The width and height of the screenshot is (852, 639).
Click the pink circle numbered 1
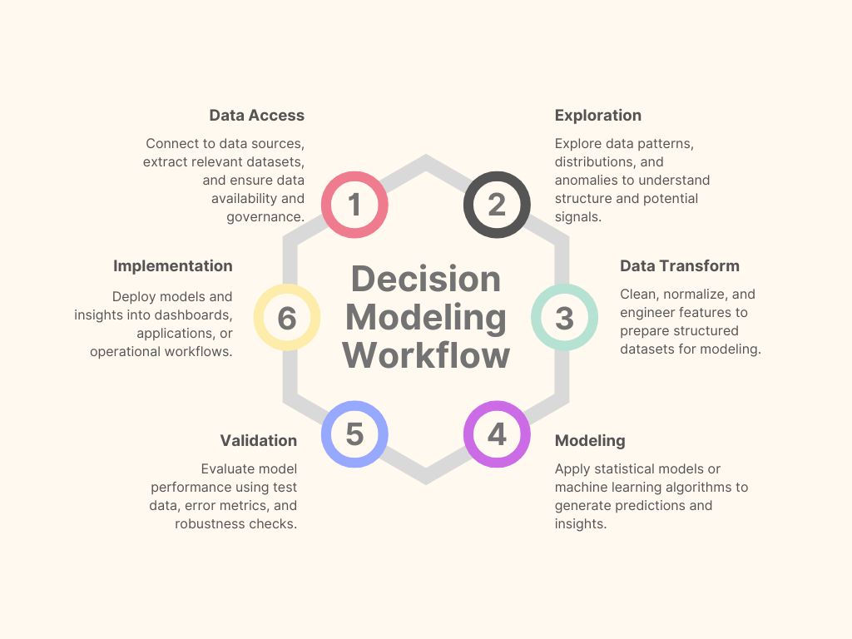(x=354, y=205)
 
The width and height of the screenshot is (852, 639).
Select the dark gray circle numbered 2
(x=497, y=205)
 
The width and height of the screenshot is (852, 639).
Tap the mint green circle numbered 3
(x=564, y=317)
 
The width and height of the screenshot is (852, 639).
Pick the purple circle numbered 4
(x=497, y=434)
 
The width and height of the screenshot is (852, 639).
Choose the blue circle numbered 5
(x=354, y=434)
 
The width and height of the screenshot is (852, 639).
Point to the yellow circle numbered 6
(x=287, y=317)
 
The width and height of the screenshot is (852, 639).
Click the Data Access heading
(x=256, y=116)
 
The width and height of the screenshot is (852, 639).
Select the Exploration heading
(x=597, y=116)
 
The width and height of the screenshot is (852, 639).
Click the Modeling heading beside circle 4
(x=589, y=441)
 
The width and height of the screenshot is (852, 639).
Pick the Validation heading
(x=258, y=441)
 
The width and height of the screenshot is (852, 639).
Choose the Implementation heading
(x=173, y=266)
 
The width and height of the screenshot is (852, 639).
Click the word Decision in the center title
(x=425, y=279)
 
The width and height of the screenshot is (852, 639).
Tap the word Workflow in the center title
(x=425, y=355)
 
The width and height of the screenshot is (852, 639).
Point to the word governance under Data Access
(x=265, y=217)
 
